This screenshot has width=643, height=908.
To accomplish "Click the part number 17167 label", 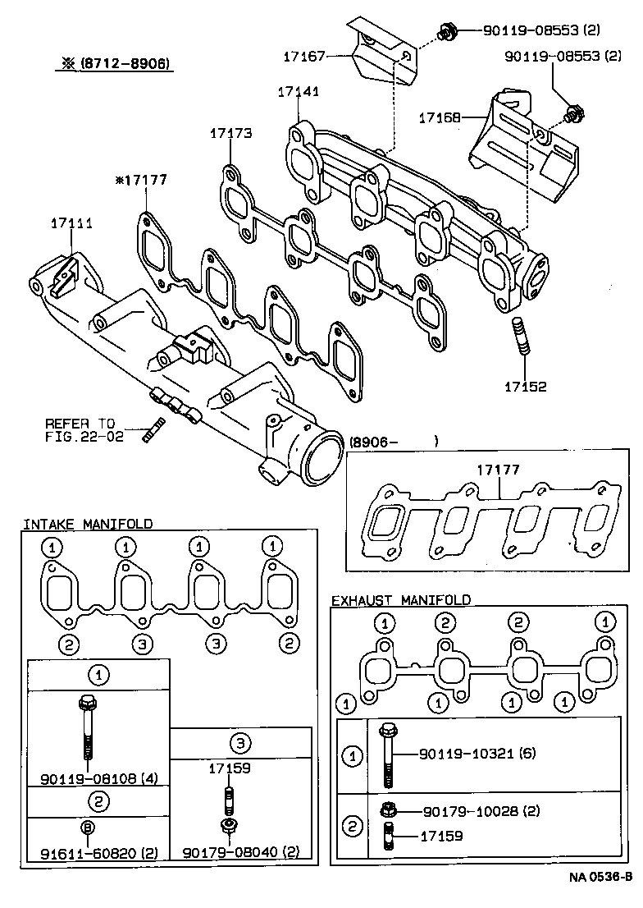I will click(x=304, y=56).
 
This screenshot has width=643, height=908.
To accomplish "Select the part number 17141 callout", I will click(x=297, y=93).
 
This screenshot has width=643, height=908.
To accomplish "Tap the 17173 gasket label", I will click(x=230, y=132).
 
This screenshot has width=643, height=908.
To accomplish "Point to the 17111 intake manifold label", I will click(x=71, y=222).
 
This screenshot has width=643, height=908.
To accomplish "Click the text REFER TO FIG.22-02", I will click(x=84, y=431).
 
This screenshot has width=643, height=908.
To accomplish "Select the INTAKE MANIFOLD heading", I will click(x=87, y=524).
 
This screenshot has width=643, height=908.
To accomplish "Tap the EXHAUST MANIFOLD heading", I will click(x=400, y=600).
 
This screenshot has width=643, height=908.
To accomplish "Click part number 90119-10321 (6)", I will click(x=477, y=753).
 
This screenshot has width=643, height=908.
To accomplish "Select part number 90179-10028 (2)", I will click(x=481, y=810).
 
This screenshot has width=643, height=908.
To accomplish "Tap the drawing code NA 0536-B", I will click(x=600, y=897).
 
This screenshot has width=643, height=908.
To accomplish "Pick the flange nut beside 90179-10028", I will click(x=389, y=810).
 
